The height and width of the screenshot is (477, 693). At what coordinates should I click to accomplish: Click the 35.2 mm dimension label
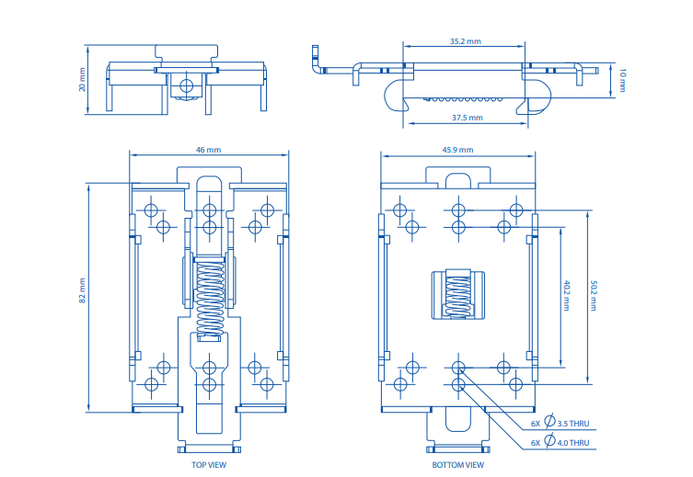[x=466, y=41]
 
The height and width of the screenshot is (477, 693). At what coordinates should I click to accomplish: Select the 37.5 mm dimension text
[x=468, y=118]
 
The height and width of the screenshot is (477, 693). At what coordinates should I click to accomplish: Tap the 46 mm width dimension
[x=208, y=149]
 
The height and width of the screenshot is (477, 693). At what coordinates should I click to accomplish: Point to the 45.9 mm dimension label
[x=457, y=149]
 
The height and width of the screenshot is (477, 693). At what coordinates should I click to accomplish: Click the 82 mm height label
[x=82, y=290]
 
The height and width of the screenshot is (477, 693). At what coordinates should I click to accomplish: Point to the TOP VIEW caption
[x=209, y=465]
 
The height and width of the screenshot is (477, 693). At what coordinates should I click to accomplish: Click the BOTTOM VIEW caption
[x=457, y=465]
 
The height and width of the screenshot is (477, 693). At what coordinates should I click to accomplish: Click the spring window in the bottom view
[x=457, y=294]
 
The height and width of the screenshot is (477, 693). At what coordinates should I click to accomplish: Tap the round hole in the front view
[x=186, y=85]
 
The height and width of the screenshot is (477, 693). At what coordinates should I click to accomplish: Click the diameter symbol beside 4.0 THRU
[x=549, y=442]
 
